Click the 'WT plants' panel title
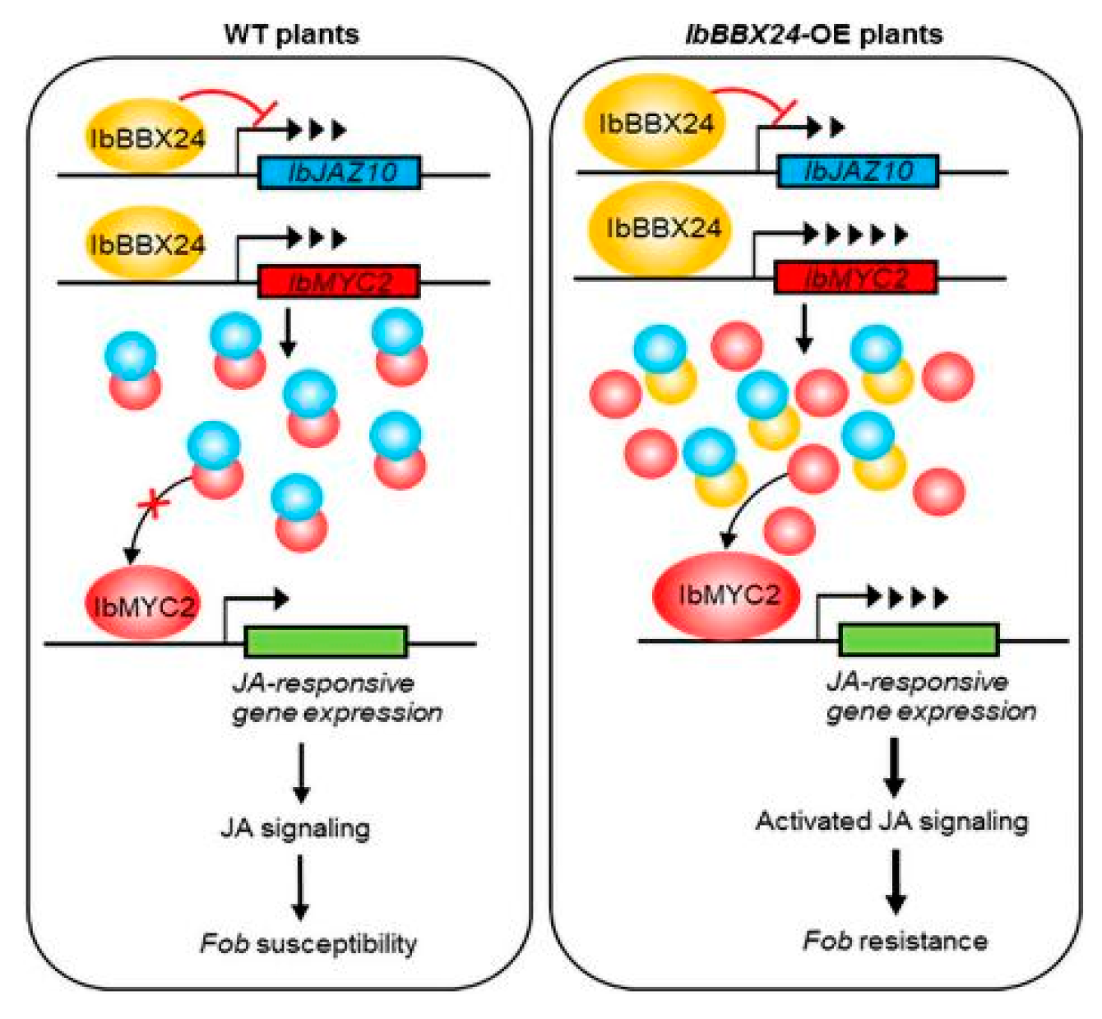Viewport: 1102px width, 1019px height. pyautogui.click(x=291, y=34)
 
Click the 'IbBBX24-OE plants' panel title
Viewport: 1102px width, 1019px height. pyautogui.click(x=813, y=34)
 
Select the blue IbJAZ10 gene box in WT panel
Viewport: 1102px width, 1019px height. pyautogui.click(x=340, y=173)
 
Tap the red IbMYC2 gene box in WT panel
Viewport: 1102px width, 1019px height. pyautogui.click(x=340, y=282)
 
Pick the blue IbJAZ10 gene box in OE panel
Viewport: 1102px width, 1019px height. pyautogui.click(x=857, y=171)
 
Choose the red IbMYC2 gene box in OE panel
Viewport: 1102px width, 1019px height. pyautogui.click(x=855, y=278)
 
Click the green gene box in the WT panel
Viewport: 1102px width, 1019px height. pyautogui.click(x=326, y=642)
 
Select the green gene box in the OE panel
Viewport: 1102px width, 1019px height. pyautogui.click(x=919, y=639)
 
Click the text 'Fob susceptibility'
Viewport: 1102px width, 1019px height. pyautogui.click(x=308, y=943)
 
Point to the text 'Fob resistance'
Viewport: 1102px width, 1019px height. pyautogui.click(x=895, y=940)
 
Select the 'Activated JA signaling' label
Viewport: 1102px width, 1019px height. pyautogui.click(x=891, y=822)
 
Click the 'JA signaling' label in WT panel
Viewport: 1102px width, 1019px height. pyautogui.click(x=295, y=828)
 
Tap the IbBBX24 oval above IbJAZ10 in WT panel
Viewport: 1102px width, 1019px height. pyautogui.click(x=146, y=137)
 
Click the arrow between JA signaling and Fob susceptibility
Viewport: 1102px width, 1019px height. pyautogui.click(x=300, y=887)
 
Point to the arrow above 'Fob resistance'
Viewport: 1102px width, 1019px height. pyautogui.click(x=895, y=881)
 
